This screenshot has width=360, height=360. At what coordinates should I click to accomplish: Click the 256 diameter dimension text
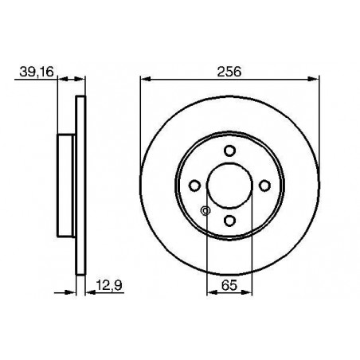pyautogui.click(x=229, y=70)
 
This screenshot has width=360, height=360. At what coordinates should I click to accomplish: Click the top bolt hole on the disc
pyautogui.click(x=229, y=151)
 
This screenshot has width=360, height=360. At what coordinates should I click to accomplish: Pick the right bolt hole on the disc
pyautogui.click(x=264, y=186)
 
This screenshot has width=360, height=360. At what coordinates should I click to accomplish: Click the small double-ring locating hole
pyautogui.click(x=205, y=210)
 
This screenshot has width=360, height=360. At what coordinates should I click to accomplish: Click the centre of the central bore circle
pyautogui.click(x=229, y=186)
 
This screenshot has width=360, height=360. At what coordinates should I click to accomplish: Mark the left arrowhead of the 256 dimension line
pyautogui.click(x=144, y=78)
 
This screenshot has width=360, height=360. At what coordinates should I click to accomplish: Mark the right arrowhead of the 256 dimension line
pyautogui.click(x=314, y=78)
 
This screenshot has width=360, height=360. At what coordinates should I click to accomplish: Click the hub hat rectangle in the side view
pyautogui.click(x=67, y=186)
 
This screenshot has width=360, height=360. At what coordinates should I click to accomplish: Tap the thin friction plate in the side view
pyautogui.click(x=80, y=186)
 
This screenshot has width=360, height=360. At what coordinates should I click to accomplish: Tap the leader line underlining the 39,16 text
pyautogui.click(x=36, y=78)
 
